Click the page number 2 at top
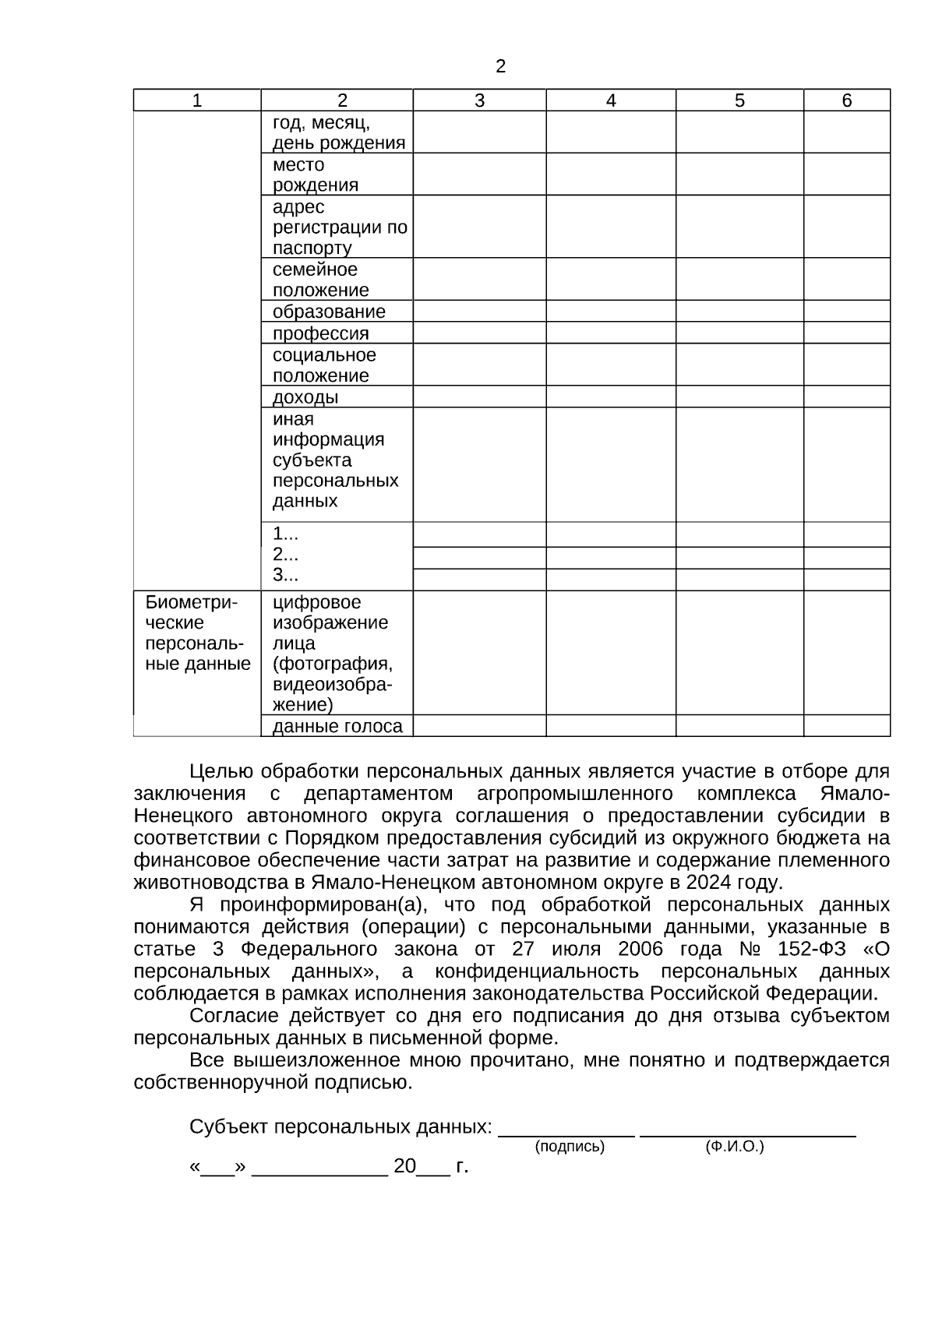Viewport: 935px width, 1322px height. [500, 67]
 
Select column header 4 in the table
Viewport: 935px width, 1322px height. [611, 100]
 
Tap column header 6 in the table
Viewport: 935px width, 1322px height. [847, 100]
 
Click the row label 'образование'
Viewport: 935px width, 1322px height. [329, 312]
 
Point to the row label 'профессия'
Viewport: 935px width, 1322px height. [320, 333]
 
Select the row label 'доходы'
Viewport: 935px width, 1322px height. [305, 397]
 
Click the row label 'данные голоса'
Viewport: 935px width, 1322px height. [337, 726]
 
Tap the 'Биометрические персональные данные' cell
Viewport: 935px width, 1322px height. [197, 633]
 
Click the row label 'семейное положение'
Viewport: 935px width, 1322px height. [320, 280]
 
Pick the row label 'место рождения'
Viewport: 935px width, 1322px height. [316, 175]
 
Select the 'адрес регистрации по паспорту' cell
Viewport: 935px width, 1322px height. [339, 227]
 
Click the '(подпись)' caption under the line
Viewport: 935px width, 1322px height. [569, 1147]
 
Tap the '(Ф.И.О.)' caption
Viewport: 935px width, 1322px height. [734, 1147]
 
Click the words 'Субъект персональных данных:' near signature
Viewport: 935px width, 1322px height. [340, 1127]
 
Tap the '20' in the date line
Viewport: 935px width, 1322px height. [404, 1166]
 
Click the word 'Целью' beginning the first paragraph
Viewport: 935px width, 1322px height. [221, 772]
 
